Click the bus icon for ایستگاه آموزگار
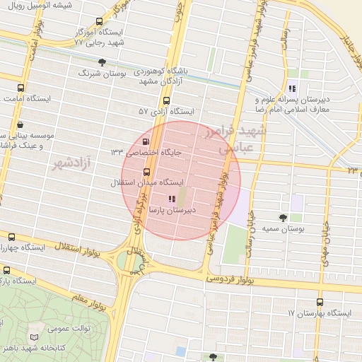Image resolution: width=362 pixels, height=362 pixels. (x=98, y=21)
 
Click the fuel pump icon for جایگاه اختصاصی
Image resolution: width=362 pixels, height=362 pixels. (x=146, y=150)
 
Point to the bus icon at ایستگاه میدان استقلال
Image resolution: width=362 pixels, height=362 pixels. (x=146, y=171)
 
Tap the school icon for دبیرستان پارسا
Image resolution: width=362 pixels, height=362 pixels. (x=171, y=199)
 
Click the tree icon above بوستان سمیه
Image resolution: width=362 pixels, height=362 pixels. (x=284, y=217)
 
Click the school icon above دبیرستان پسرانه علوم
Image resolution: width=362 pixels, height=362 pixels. (x=291, y=89)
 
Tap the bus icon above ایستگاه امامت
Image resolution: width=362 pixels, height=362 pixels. (x=21, y=89)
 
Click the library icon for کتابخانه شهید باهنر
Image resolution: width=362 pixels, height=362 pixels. (x=34, y=339)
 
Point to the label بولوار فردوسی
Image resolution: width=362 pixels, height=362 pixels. (x=229, y=281)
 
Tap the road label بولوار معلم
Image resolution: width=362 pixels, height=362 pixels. (x=90, y=300)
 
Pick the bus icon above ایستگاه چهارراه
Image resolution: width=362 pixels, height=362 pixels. (x=11, y=237)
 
